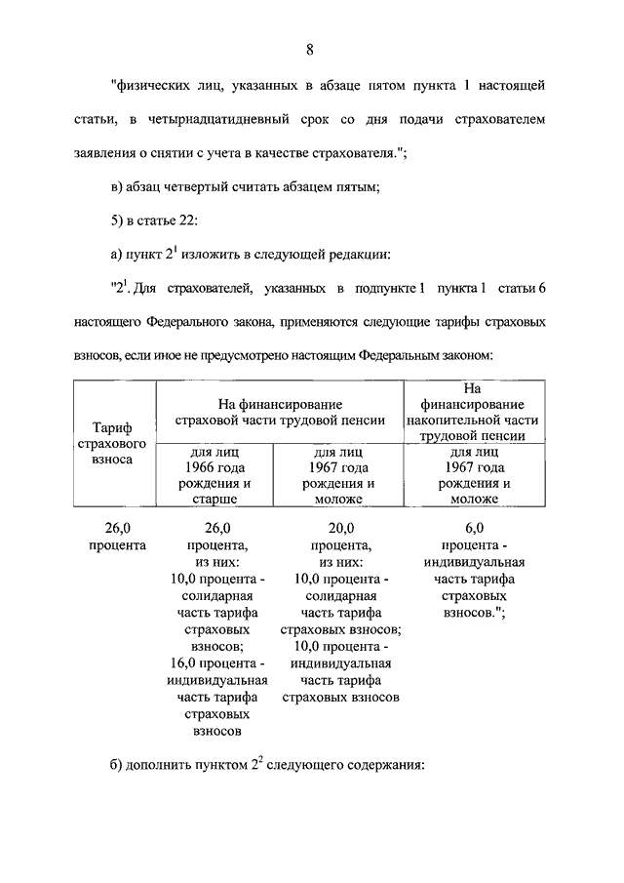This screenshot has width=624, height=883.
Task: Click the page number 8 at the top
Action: [x=309, y=50]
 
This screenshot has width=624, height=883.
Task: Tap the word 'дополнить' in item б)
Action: [x=163, y=764]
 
